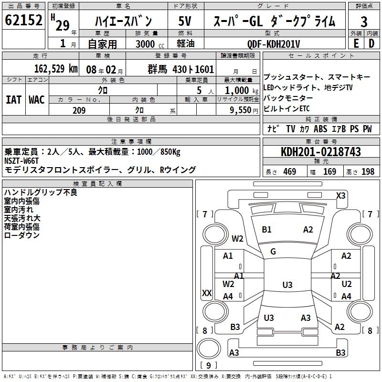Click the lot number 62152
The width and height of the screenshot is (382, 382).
(24, 21)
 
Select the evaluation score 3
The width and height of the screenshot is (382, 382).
(364, 21)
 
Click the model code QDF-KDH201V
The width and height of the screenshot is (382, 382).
(274, 43)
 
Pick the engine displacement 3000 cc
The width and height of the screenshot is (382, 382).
(146, 44)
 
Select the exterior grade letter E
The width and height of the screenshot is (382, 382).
(356, 43)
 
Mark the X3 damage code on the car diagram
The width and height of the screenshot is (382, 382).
(340, 195)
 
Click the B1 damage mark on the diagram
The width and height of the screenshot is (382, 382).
(266, 230)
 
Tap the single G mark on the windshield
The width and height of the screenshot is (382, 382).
(273, 251)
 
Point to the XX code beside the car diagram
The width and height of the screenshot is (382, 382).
(207, 293)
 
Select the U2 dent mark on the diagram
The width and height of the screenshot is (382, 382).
(347, 284)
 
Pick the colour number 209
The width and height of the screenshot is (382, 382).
(79, 110)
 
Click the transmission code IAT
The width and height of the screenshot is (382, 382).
(13, 100)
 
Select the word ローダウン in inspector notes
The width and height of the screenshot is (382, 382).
(21, 235)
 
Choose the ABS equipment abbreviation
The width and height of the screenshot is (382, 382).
(321, 129)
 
